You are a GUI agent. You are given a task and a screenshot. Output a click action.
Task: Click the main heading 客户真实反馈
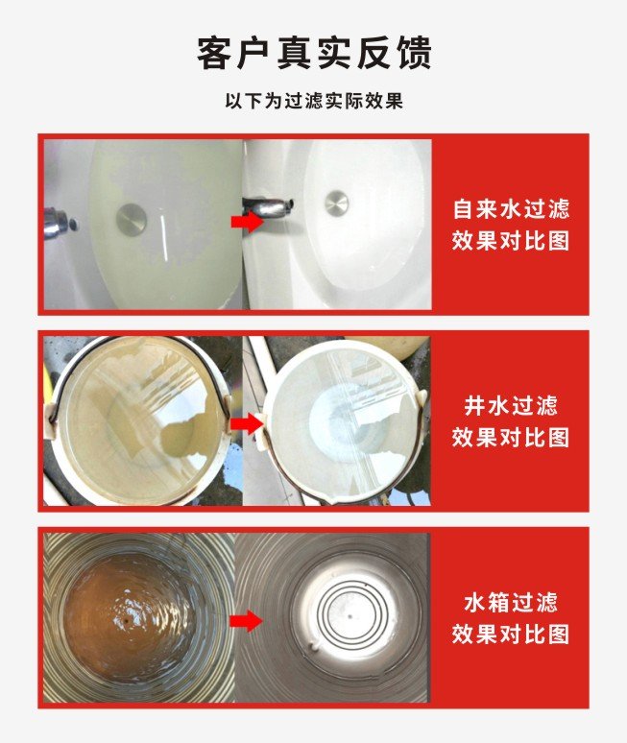pyautogui.click(x=314, y=53)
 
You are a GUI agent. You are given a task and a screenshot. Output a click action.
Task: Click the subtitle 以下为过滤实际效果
pyautogui.click(x=314, y=101)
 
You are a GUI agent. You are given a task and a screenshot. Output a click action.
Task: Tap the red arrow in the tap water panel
pyautogui.click(x=248, y=221)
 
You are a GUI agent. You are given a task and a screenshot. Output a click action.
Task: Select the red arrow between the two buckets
pyautogui.click(x=247, y=423)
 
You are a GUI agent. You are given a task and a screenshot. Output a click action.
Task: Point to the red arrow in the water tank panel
pyautogui.click(x=246, y=621)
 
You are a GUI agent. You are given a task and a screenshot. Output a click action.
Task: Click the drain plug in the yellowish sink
pyautogui.click(x=131, y=219)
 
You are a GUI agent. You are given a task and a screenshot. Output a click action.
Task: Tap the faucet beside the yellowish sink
pyautogui.click(x=57, y=224)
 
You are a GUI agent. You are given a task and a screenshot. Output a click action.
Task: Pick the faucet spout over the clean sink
pyautogui.click(x=269, y=207)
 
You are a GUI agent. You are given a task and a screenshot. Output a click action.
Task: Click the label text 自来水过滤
pyautogui.click(x=511, y=209)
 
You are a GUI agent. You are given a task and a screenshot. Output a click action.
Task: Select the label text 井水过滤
pyautogui.click(x=511, y=406)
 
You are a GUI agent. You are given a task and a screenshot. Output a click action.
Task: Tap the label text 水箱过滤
pyautogui.click(x=511, y=603)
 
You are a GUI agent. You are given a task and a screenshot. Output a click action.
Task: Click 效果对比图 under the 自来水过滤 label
pyautogui.click(x=511, y=241)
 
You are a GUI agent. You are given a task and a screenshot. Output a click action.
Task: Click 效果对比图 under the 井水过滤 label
pyautogui.click(x=511, y=437)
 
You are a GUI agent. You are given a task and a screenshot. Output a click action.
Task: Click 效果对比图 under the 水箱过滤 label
pyautogui.click(x=511, y=634)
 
